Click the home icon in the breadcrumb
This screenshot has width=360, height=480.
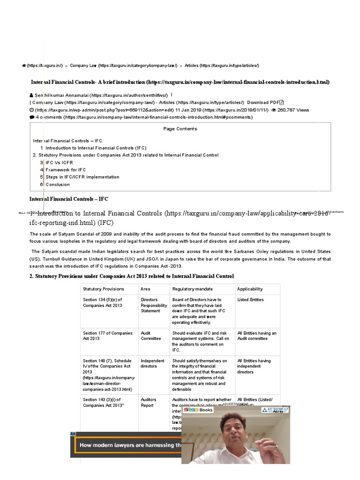tap(23, 66)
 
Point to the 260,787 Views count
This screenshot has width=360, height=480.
tap(293, 110)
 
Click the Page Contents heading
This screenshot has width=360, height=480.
tap(180, 129)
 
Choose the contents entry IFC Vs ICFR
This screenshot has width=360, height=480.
tap(59, 163)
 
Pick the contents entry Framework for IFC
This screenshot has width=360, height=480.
tap(66, 170)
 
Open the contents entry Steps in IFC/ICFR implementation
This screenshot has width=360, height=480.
tap(82, 177)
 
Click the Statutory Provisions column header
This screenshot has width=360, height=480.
tap(104, 289)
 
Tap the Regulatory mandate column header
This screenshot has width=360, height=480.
tap(192, 289)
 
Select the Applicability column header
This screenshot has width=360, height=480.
tap(250, 289)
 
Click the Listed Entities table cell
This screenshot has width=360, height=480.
tap(250, 300)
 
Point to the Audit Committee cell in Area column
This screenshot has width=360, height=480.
tap(151, 336)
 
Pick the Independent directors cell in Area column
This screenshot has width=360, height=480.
tap(152, 364)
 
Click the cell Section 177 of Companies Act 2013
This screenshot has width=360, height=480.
tap(107, 336)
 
